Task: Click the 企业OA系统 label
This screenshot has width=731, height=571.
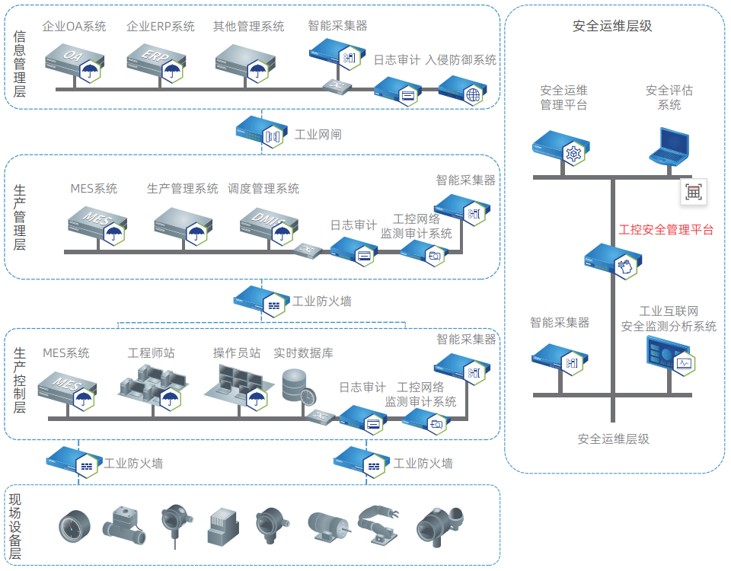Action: pos(75,27)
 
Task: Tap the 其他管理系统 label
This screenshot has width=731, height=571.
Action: pos(249,27)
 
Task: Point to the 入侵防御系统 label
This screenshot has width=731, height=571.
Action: pos(461,59)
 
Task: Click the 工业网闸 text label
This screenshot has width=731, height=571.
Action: pos(318,135)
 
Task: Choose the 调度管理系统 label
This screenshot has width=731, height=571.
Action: pos(263,188)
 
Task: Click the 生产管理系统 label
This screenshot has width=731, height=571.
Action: pos(183,188)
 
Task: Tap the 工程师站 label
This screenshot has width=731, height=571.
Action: pos(151,352)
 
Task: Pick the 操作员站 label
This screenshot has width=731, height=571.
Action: pos(237,352)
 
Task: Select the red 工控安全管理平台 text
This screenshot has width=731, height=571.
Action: pos(666,229)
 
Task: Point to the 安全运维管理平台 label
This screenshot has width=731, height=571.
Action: pos(564,97)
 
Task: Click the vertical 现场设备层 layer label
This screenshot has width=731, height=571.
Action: pos(14,527)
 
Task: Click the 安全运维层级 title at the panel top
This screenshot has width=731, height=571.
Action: pos(613,26)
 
